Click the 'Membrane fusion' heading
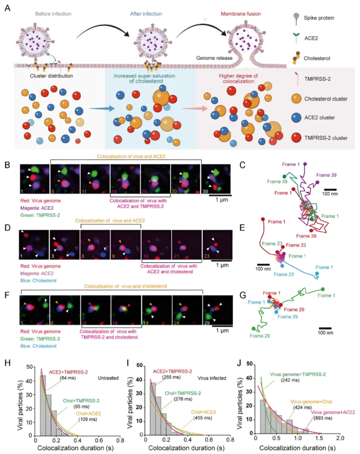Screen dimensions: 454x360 pyautogui.click(x=230, y=13)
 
